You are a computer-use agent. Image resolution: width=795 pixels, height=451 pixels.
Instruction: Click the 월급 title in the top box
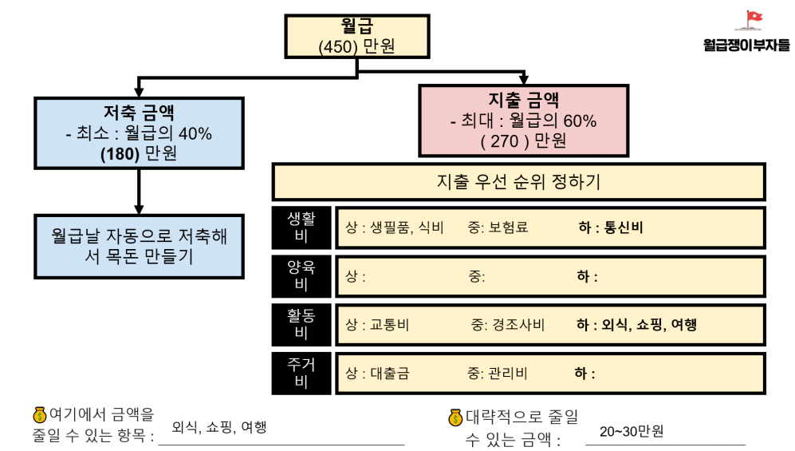click(x=357, y=26)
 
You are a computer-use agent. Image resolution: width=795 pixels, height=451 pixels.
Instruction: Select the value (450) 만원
click(x=356, y=46)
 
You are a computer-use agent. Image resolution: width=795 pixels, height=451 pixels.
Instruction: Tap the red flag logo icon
click(x=750, y=20)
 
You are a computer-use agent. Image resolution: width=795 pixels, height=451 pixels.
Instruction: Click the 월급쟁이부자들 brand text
click(x=746, y=45)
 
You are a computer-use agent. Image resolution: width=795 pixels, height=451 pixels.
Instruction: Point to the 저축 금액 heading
click(x=139, y=112)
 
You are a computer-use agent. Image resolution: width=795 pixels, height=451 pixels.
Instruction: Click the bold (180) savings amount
click(x=120, y=154)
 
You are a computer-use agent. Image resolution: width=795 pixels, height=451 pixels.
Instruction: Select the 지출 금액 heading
click(x=523, y=100)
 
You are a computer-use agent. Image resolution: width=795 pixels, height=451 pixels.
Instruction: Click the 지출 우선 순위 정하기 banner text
click(x=518, y=182)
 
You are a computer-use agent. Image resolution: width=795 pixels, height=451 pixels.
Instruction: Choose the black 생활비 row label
click(x=301, y=227)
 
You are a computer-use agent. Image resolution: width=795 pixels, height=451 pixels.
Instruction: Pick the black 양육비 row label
click(x=301, y=276)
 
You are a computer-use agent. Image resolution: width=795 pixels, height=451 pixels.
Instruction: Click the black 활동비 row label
click(x=301, y=325)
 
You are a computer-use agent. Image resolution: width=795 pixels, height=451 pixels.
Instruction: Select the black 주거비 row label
click(x=301, y=374)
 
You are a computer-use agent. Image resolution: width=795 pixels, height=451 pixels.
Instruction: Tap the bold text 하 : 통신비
click(x=611, y=227)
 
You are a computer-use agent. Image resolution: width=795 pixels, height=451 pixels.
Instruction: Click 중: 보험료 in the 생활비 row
click(x=498, y=227)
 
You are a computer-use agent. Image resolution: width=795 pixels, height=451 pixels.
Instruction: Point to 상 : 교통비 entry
click(x=377, y=325)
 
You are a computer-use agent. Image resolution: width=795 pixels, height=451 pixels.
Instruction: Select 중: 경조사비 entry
click(x=507, y=325)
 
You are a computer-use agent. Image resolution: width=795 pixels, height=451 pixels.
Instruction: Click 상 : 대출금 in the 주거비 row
click(x=377, y=374)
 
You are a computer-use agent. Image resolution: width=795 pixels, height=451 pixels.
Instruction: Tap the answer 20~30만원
click(x=632, y=431)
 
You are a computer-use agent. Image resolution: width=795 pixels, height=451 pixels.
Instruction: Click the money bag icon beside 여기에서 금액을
click(x=40, y=415)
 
